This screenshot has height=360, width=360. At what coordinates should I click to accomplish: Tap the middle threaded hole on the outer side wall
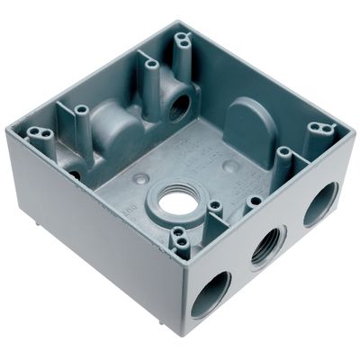267,244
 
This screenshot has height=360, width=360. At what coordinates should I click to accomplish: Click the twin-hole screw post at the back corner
184,40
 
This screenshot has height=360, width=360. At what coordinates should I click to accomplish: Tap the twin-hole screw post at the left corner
39,135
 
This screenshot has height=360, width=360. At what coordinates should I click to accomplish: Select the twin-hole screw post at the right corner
317,129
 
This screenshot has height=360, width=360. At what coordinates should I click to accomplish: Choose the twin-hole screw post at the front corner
180,237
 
